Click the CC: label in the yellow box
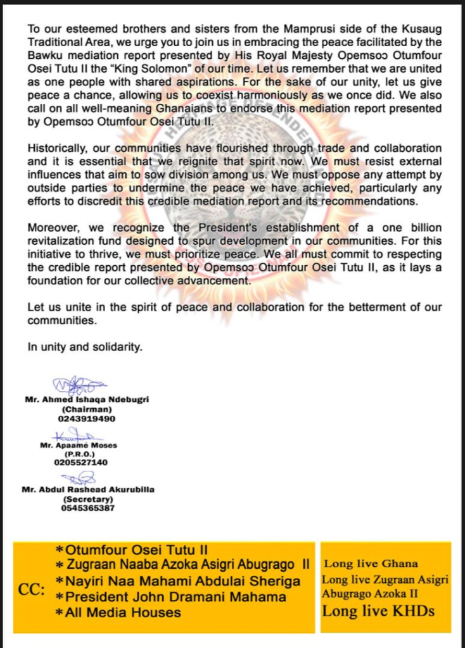(32, 590)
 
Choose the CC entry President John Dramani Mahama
(171, 597)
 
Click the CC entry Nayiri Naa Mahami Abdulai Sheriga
(178, 581)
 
